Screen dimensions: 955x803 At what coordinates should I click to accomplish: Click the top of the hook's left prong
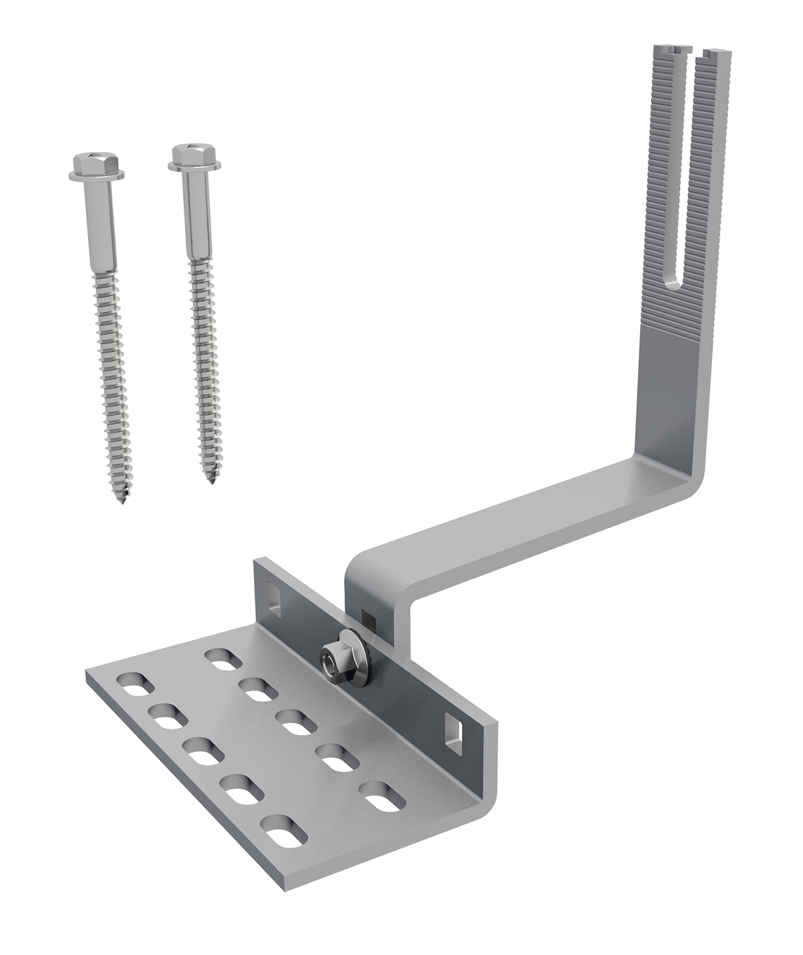[669, 50]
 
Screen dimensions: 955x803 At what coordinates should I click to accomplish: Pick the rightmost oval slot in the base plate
[381, 795]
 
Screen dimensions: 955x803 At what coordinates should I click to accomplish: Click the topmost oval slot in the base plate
[222, 661]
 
